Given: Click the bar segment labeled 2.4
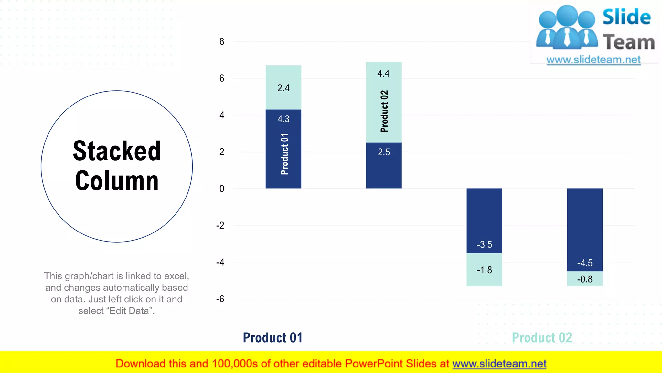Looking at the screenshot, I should [283, 88].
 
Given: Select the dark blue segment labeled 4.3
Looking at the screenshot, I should [283, 149].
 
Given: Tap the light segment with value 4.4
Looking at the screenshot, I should [384, 102].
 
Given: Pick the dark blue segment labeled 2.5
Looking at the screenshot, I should [384, 165].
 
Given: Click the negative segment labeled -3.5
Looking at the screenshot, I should [484, 220].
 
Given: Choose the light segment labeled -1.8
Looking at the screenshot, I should [484, 269].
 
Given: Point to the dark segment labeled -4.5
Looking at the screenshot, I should [585, 230].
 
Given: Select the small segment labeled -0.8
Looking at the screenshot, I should [585, 279].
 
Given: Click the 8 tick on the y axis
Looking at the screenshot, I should [222, 41].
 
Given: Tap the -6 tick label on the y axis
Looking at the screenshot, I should [220, 299].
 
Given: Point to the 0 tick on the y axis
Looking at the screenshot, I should [222, 188].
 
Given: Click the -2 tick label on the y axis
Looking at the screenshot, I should [220, 225].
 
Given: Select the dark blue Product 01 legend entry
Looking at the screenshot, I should [272, 338].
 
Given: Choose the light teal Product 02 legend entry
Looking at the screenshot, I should [542, 338].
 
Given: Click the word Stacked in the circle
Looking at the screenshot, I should [117, 151].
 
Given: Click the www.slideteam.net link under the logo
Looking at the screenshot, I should [593, 60].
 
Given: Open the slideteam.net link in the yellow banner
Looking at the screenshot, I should [499, 364].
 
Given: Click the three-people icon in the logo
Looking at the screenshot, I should [567, 28].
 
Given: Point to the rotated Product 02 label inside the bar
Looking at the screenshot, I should [384, 111].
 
